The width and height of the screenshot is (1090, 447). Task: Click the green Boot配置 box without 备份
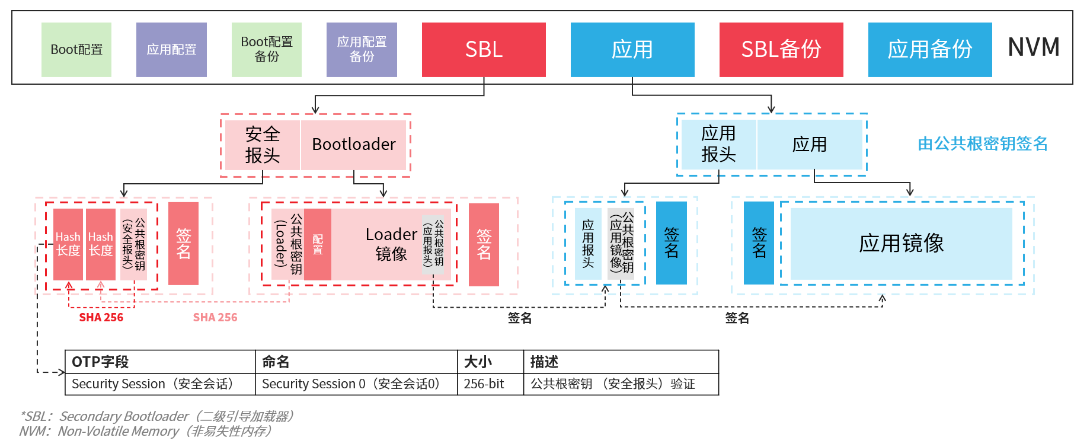pyautogui.click(x=76, y=50)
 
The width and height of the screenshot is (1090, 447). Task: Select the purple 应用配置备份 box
pyautogui.click(x=362, y=50)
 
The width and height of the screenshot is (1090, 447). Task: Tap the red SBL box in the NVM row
pyautogui.click(x=484, y=50)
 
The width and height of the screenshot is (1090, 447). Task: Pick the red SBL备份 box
pyautogui.click(x=781, y=50)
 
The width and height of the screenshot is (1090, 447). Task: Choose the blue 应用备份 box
pyautogui.click(x=930, y=50)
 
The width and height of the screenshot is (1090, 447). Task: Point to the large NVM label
pyautogui.click(x=1034, y=47)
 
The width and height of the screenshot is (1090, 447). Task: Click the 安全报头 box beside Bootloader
pyautogui.click(x=262, y=145)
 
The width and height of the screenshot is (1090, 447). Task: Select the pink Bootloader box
pyautogui.click(x=354, y=145)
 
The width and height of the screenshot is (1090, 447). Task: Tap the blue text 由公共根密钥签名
pyautogui.click(x=982, y=144)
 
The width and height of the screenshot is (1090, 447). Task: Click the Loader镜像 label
pyautogui.click(x=391, y=244)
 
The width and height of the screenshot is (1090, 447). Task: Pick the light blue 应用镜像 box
pyautogui.click(x=901, y=244)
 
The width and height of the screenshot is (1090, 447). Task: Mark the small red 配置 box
pyautogui.click(x=318, y=244)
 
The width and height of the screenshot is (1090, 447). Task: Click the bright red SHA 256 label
pyautogui.click(x=101, y=318)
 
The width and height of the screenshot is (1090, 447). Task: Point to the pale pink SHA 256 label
pyautogui.click(x=215, y=318)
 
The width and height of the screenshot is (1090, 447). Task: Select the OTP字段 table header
pyautogui.click(x=100, y=362)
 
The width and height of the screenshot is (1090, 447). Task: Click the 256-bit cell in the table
pyautogui.click(x=484, y=384)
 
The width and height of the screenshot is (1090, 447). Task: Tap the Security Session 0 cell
pyautogui.click(x=351, y=384)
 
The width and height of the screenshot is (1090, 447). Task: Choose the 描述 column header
pyautogui.click(x=544, y=362)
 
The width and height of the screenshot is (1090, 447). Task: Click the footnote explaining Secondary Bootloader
pyautogui.click(x=157, y=416)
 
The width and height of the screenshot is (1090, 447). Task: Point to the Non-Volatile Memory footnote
pyautogui.click(x=145, y=432)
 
